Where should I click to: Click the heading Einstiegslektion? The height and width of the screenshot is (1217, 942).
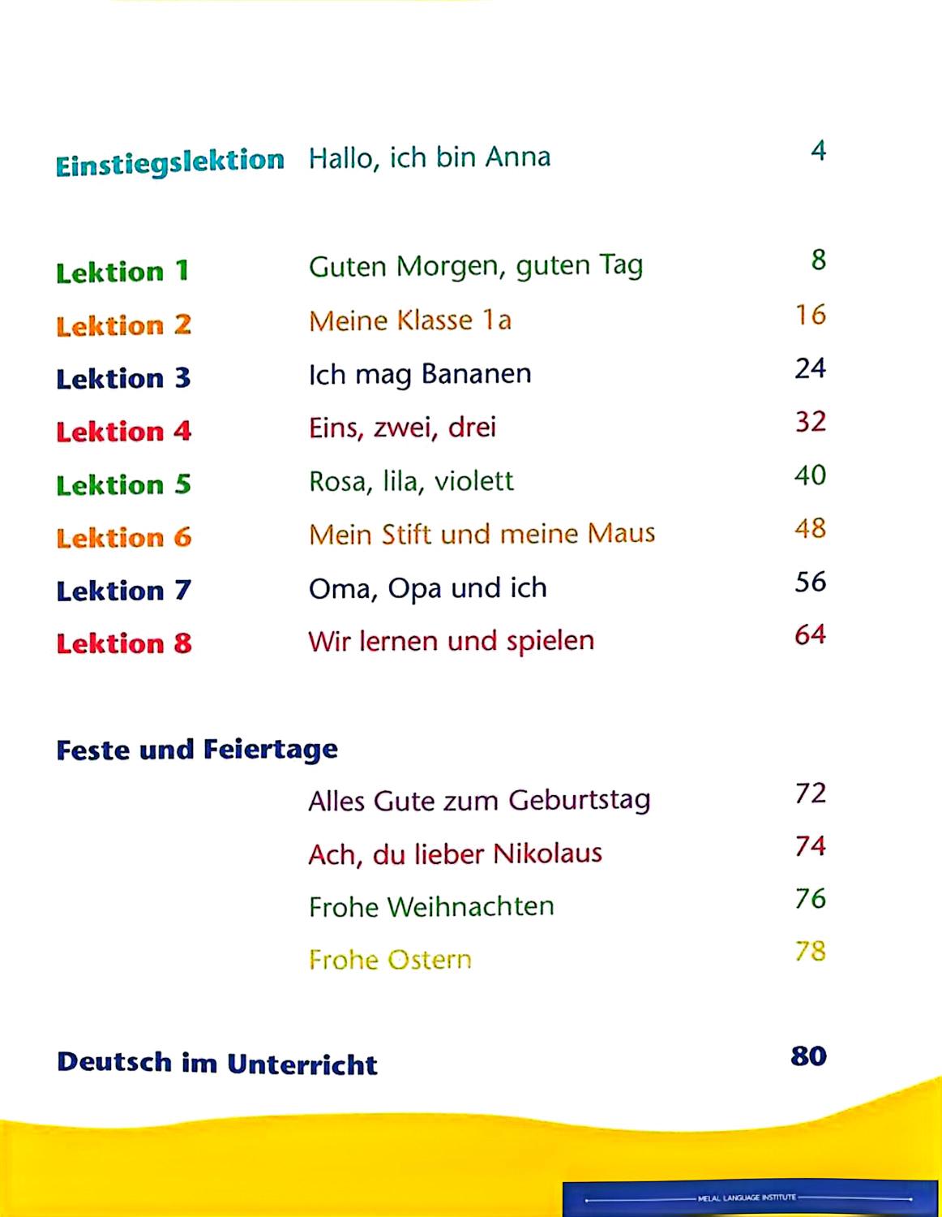click(169, 161)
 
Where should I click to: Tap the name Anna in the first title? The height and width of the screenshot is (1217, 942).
click(517, 157)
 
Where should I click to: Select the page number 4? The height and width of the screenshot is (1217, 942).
click(818, 151)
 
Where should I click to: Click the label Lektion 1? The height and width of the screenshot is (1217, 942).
click(122, 271)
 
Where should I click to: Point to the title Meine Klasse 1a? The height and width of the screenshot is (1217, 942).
click(409, 320)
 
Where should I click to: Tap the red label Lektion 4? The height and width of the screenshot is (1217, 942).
click(123, 431)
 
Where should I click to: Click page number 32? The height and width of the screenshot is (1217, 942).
click(810, 422)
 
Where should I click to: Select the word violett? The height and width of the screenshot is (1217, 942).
click(473, 481)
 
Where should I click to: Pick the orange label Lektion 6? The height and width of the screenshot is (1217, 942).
click(123, 537)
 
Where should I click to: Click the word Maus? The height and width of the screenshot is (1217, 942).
click(621, 534)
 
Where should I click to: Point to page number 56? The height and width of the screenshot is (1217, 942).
click(810, 582)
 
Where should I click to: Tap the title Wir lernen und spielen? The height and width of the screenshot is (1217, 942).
click(451, 641)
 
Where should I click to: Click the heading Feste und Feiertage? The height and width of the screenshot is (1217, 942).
click(197, 749)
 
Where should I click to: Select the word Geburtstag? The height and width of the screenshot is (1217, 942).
click(579, 800)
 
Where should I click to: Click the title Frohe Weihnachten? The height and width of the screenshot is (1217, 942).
click(431, 906)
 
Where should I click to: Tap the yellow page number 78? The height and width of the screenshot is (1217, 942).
click(810, 951)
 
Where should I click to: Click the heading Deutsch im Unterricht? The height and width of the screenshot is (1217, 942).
click(216, 1063)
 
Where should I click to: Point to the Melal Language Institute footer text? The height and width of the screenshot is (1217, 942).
click(747, 1198)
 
